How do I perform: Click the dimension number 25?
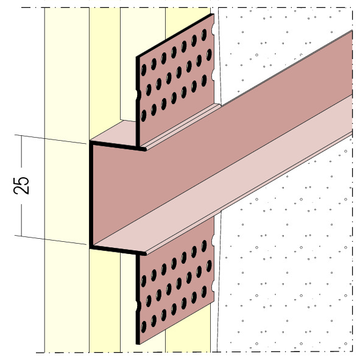21,186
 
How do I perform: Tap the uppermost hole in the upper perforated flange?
203,35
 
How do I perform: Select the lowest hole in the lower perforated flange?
144,326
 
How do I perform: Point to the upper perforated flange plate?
175,80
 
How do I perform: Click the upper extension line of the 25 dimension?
51,139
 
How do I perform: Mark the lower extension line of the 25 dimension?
51,240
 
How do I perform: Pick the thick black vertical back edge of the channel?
91,195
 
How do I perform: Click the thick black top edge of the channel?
118,146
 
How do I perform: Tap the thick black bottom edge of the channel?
118,250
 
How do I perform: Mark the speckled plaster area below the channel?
284,275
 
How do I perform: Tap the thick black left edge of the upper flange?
138,101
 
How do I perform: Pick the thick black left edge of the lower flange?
138,298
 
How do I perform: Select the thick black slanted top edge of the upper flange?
175,35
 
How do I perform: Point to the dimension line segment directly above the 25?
21,151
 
